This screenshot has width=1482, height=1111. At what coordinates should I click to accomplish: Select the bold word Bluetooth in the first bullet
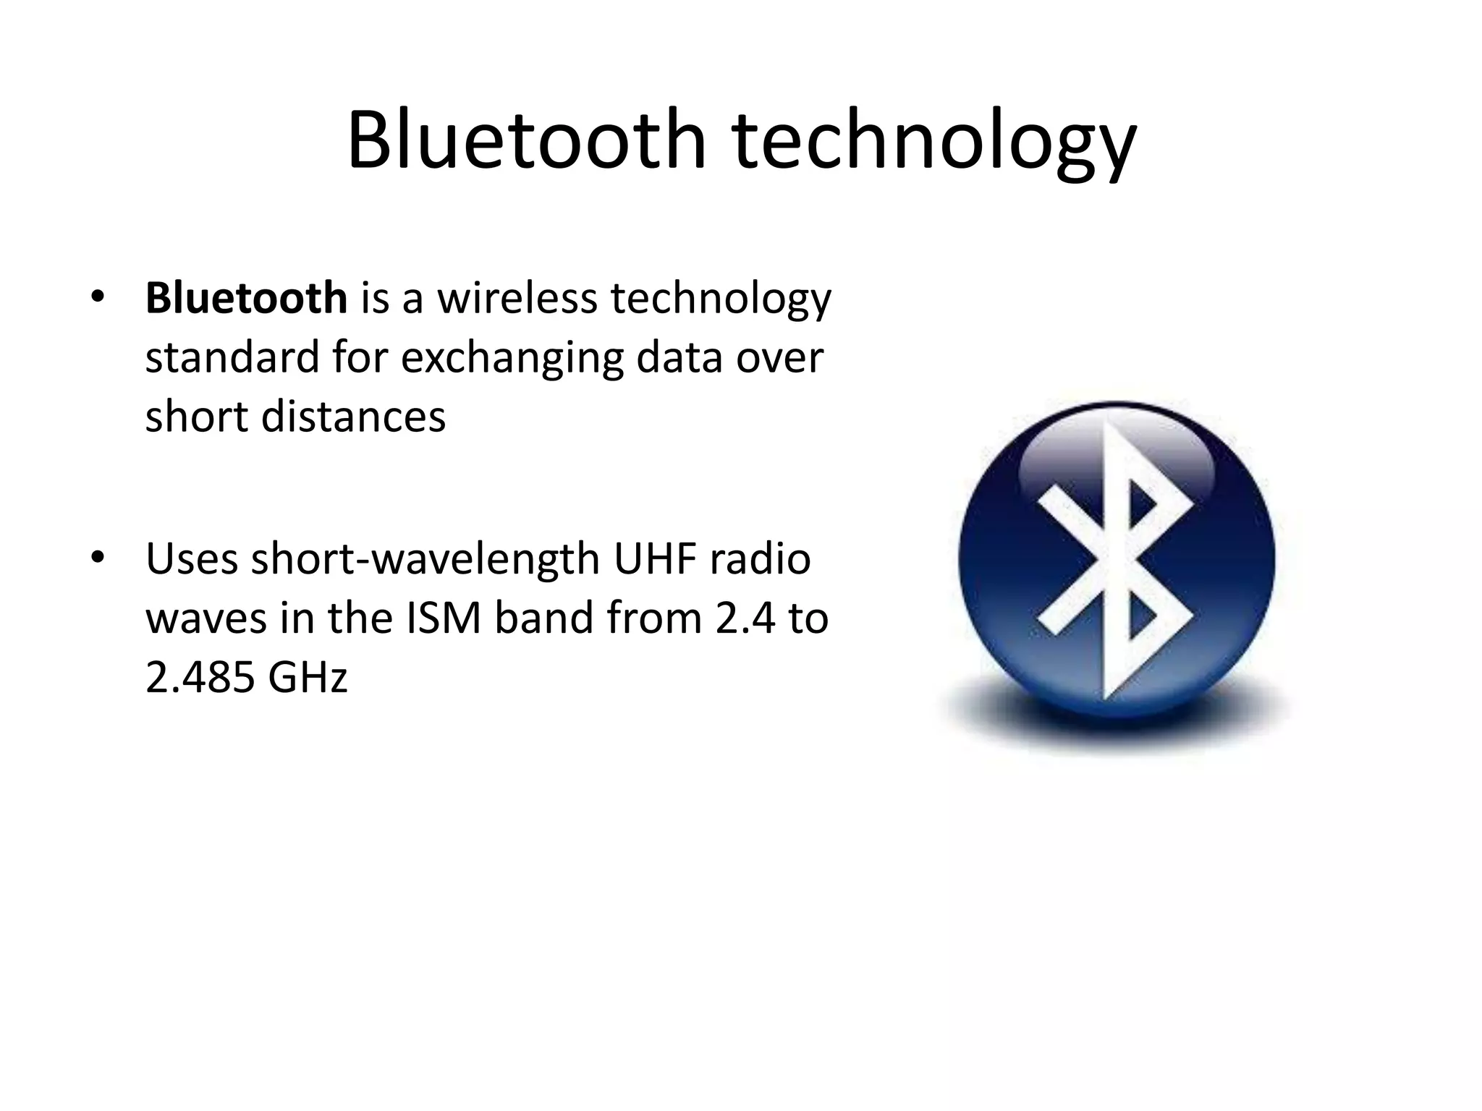[246, 298]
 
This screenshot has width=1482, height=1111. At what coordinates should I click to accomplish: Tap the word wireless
[517, 298]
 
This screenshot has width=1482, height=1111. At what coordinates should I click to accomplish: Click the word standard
[232, 357]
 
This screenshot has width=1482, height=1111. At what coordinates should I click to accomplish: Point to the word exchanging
[512, 357]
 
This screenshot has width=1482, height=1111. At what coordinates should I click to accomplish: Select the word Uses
[192, 559]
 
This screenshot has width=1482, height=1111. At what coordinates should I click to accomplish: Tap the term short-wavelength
[425, 559]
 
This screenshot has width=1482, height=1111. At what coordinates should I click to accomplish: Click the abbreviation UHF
[654, 559]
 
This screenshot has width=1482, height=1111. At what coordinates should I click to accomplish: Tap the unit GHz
[308, 678]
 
